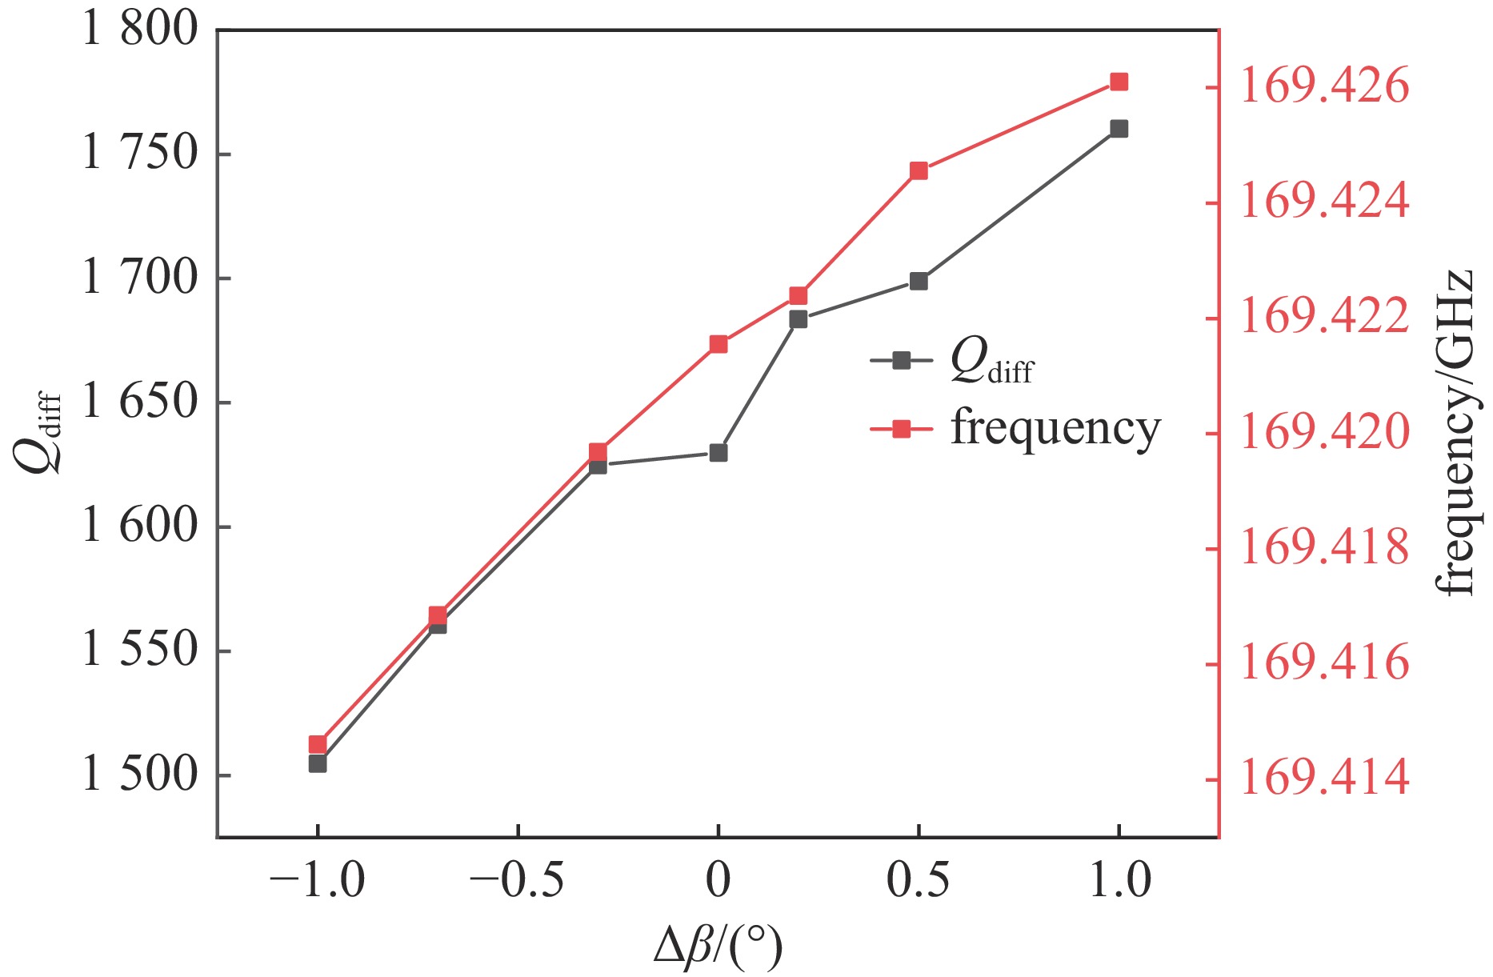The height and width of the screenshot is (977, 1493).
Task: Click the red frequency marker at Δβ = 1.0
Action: [1119, 82]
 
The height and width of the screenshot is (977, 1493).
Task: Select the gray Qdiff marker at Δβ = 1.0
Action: [1119, 129]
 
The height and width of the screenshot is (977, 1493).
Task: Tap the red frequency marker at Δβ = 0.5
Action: [919, 171]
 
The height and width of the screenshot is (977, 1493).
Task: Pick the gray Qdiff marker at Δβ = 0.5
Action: [919, 282]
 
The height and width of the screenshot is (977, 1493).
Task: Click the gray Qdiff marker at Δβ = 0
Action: [718, 453]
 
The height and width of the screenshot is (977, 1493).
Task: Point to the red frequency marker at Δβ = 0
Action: [718, 345]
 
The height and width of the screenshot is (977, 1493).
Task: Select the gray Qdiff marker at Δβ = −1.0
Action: [318, 764]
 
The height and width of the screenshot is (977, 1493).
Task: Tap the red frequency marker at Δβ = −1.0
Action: [318, 744]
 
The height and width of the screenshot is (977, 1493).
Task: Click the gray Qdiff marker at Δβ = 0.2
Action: [799, 319]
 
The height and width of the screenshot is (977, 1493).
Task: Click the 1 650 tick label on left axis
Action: [139, 402]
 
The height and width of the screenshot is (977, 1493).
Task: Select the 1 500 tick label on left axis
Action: [139, 775]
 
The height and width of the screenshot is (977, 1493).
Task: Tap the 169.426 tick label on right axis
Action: [1324, 86]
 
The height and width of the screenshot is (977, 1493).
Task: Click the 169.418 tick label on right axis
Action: [1324, 548]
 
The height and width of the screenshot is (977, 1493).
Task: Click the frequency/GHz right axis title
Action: [1455, 432]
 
